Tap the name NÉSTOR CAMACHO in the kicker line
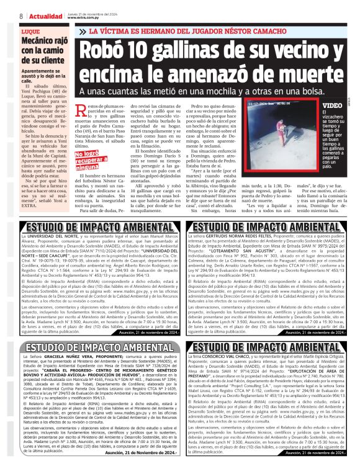tap(259, 30)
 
